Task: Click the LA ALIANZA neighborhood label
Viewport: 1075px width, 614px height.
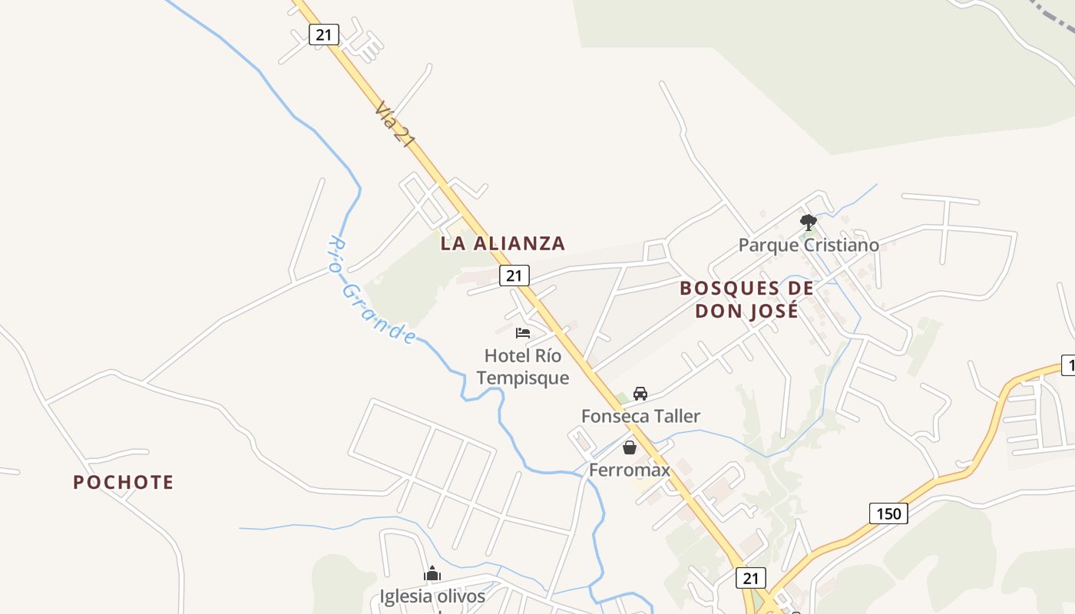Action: pos(503,244)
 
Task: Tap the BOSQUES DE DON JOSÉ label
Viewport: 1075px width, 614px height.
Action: pos(746,299)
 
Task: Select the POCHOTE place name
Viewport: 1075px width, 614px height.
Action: pos(124,483)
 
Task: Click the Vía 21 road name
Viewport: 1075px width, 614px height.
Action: pos(395,122)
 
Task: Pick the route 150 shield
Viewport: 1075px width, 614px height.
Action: pos(888,513)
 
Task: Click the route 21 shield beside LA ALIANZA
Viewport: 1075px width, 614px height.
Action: pos(514,276)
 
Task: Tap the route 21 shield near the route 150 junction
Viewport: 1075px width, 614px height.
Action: pos(750,578)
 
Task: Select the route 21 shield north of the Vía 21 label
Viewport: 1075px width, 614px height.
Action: pos(324,34)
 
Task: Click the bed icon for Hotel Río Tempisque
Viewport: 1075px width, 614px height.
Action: pos(523,333)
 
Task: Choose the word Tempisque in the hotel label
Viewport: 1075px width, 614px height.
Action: pos(523,378)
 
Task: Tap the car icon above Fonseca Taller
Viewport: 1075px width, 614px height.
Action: pos(640,394)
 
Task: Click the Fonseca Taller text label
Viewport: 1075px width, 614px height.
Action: pos(640,417)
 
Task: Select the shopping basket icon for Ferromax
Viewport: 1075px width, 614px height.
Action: pos(630,447)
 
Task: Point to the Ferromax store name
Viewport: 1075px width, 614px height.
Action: pos(630,470)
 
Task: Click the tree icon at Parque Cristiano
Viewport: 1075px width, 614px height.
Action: pos(808,223)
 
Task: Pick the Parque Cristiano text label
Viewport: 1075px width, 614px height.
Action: pos(809,246)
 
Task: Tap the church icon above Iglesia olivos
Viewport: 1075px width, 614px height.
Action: pos(432,574)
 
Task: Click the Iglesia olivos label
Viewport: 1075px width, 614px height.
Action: pos(432,596)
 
